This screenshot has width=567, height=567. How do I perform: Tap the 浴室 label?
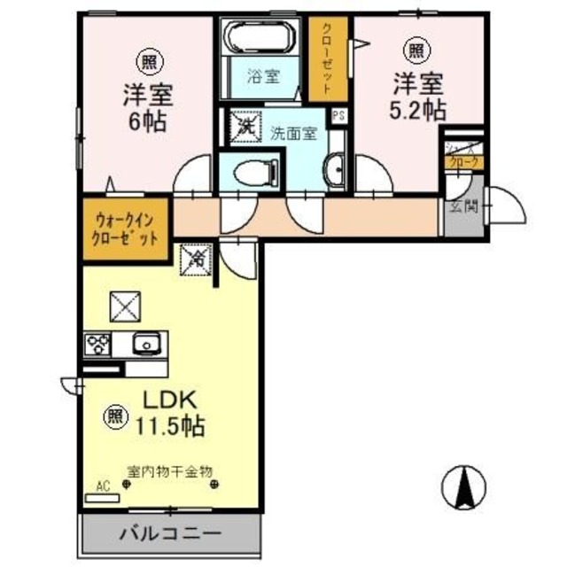coord(262,78)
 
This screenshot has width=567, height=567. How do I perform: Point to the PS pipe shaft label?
coord(338,115)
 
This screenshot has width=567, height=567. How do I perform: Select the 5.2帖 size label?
coord(419,110)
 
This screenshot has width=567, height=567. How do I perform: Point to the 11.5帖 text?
coord(170,425)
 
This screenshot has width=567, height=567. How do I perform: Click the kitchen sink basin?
coord(144,343)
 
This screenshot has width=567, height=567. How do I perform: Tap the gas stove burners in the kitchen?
coord(97,343)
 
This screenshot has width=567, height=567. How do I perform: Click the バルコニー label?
coord(168,534)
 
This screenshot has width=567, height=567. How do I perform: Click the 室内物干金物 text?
coord(170,471)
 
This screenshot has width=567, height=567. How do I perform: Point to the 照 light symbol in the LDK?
coord(115,413)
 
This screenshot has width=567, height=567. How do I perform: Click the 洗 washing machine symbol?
coord(242,125)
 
